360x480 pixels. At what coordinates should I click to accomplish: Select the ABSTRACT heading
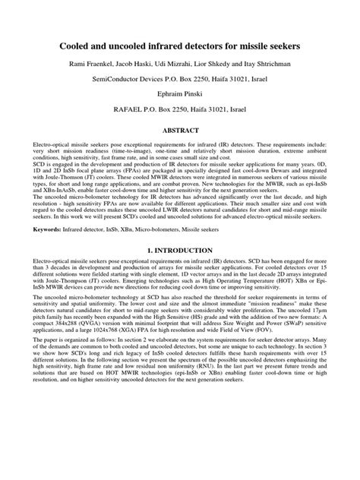[179, 130]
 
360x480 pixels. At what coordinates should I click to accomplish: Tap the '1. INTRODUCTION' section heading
[179, 270]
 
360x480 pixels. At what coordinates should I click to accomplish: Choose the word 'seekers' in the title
[280, 46]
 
